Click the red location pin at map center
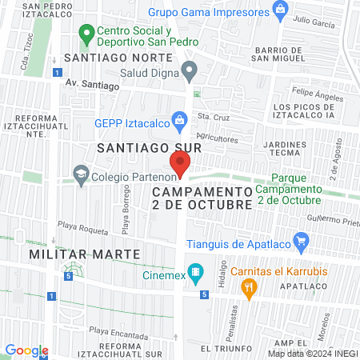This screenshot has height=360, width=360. pos(180,165)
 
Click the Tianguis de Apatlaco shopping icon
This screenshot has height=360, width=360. pos(301,240)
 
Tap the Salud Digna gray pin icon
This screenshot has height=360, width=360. pos(190,72)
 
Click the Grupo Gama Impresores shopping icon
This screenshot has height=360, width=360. pos(279,10)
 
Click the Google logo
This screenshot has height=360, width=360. pos(26,350)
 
